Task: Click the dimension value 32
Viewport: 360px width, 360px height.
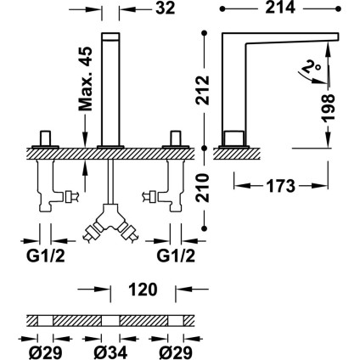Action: [x=165, y=8]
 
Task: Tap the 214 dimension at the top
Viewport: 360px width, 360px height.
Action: [x=280, y=8]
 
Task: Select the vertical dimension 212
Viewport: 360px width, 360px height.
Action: [x=203, y=90]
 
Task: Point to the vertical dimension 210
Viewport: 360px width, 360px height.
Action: [x=203, y=188]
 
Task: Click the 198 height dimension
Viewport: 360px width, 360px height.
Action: [x=329, y=108]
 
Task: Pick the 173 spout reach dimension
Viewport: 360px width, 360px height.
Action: [x=280, y=186]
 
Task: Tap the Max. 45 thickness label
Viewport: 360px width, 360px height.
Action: [x=86, y=78]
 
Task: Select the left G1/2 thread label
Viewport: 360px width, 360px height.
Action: [x=46, y=256]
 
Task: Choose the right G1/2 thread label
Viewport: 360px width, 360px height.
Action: [x=176, y=256]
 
